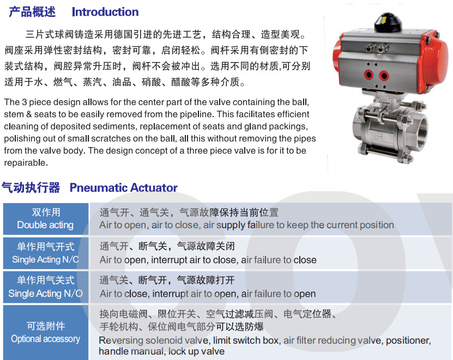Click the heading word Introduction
pos(105,12)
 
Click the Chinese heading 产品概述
pos(32,12)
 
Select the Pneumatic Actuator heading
pos(124,188)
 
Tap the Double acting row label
pos(45,225)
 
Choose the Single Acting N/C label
pos(45,259)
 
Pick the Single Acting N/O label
pos(45,294)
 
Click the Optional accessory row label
pos(45,339)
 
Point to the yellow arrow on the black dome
pos(384,21)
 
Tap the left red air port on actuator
pos(369,75)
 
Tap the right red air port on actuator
pos(384,76)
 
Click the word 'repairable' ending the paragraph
pos(25,163)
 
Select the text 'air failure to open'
pos(278,294)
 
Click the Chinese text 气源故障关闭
pos(206,246)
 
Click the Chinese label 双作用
pos(46,212)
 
